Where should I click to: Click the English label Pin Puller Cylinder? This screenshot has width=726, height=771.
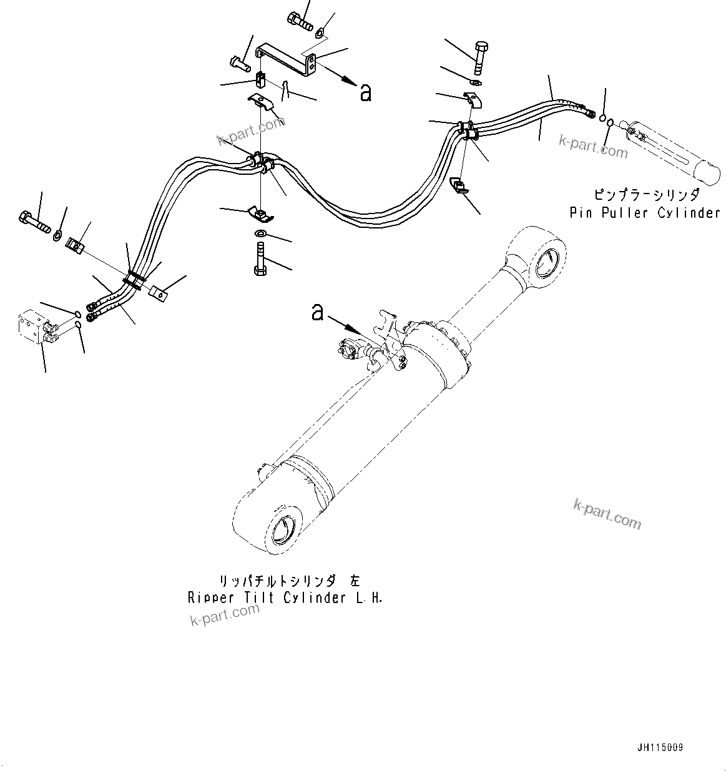645,213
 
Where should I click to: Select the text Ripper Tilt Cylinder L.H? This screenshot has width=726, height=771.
285,597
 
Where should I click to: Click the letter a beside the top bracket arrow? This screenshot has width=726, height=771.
366,94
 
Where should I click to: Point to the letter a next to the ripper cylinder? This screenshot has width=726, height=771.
318,312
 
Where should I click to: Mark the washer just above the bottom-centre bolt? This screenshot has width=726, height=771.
260,233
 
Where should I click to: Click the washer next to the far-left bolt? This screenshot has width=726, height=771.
57,235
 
